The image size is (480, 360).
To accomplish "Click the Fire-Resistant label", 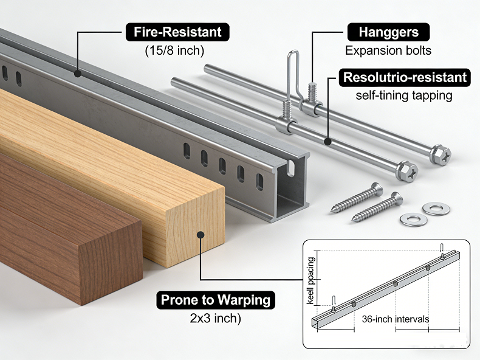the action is click(x=177, y=32).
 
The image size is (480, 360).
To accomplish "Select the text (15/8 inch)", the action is click(x=174, y=50).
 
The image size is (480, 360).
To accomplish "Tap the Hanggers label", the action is click(x=388, y=32).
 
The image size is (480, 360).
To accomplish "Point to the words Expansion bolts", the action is click(x=388, y=50).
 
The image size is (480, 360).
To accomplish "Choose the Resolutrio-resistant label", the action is click(x=405, y=77).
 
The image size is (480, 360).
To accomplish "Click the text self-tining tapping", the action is click(x=404, y=95).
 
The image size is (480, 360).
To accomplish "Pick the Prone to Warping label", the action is click(x=216, y=300).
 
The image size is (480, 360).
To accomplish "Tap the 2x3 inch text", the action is click(x=215, y=318).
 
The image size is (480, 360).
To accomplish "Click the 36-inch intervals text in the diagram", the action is click(x=395, y=319).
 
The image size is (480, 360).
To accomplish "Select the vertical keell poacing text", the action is click(x=310, y=281).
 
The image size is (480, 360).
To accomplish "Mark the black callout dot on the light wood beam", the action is click(x=201, y=235).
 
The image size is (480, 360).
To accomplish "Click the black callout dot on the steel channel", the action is click(x=77, y=74).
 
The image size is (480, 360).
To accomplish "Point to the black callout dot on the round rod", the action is click(x=328, y=142).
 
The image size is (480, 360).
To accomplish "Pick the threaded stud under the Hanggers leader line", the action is click(x=312, y=92).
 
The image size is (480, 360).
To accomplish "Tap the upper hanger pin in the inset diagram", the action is click(x=442, y=248).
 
